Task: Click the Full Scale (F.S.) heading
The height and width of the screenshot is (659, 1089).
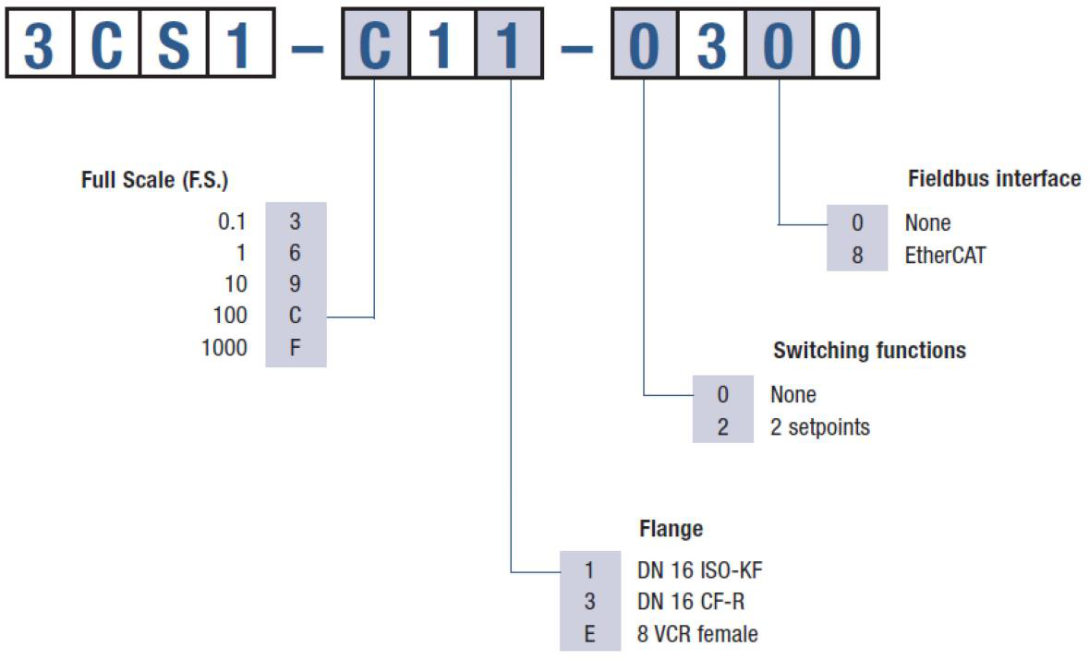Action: pyautogui.click(x=154, y=180)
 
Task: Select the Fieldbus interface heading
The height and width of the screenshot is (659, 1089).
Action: pyautogui.click(x=994, y=179)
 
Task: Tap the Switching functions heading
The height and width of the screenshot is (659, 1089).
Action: pyautogui.click(x=869, y=351)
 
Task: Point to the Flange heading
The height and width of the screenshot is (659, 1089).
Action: pyautogui.click(x=671, y=529)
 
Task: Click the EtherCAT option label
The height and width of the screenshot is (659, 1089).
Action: pyautogui.click(x=945, y=256)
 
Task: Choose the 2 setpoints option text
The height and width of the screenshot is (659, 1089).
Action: pyautogui.click(x=819, y=426)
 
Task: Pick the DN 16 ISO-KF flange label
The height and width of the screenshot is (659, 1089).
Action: pyautogui.click(x=699, y=570)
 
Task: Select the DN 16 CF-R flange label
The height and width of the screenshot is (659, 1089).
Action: pyautogui.click(x=690, y=602)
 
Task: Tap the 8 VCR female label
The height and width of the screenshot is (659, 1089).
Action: pyautogui.click(x=697, y=633)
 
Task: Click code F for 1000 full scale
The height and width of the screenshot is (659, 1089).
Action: pyautogui.click(x=296, y=348)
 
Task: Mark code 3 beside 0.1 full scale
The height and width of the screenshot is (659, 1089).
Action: pyautogui.click(x=296, y=222)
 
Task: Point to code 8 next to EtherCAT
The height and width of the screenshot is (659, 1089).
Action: pyautogui.click(x=857, y=256)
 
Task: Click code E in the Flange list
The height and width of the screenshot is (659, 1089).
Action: pyautogui.click(x=589, y=633)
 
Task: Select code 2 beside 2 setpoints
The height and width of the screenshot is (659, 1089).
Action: pyautogui.click(x=723, y=426)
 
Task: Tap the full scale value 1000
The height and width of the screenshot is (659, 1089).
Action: pyautogui.click(x=224, y=348)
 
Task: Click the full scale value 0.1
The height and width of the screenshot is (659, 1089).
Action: pyautogui.click(x=232, y=222)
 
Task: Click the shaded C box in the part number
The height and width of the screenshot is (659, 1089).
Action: pyautogui.click(x=375, y=43)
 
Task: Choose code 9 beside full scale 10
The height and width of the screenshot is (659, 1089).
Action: pyautogui.click(x=296, y=283)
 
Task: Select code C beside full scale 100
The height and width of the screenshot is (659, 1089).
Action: pyautogui.click(x=296, y=316)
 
